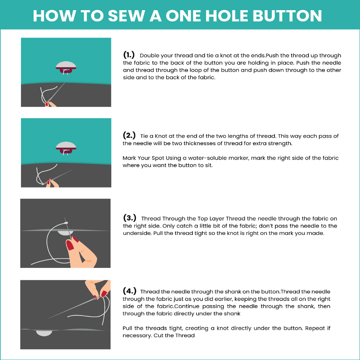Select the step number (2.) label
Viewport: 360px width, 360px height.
[x=129, y=135]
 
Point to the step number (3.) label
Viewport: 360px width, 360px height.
[x=130, y=217]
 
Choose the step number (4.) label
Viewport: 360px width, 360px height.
[x=129, y=291]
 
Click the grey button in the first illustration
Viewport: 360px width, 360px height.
[x=66, y=65]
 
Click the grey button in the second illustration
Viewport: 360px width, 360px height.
[x=66, y=145]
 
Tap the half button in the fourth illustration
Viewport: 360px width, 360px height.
[x=44, y=333]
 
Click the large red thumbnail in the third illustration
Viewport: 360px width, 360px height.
[x=70, y=245]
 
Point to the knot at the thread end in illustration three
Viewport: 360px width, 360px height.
[x=66, y=223]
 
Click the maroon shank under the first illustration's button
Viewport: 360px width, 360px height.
[x=66, y=70]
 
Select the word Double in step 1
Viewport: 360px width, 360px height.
[x=150, y=56]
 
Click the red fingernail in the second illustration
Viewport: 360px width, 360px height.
[x=49, y=182]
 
